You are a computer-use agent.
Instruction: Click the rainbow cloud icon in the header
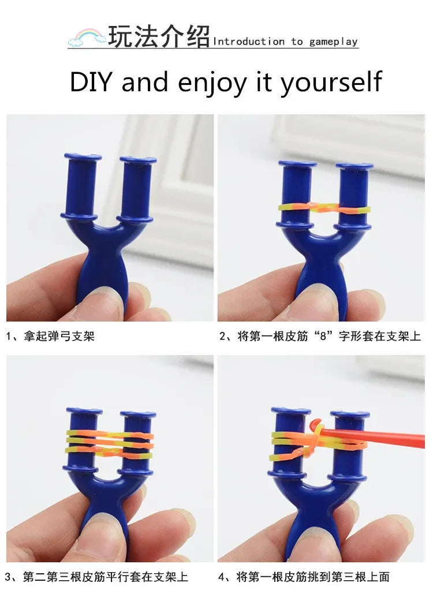(87, 38)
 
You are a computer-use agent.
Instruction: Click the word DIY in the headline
(92, 82)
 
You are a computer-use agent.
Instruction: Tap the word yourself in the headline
(331, 82)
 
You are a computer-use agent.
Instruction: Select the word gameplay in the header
(333, 42)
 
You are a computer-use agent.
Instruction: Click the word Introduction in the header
(249, 42)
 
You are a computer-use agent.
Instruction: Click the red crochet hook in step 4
(375, 438)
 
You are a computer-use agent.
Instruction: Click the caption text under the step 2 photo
(320, 336)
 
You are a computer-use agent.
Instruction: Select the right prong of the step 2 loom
(353, 196)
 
